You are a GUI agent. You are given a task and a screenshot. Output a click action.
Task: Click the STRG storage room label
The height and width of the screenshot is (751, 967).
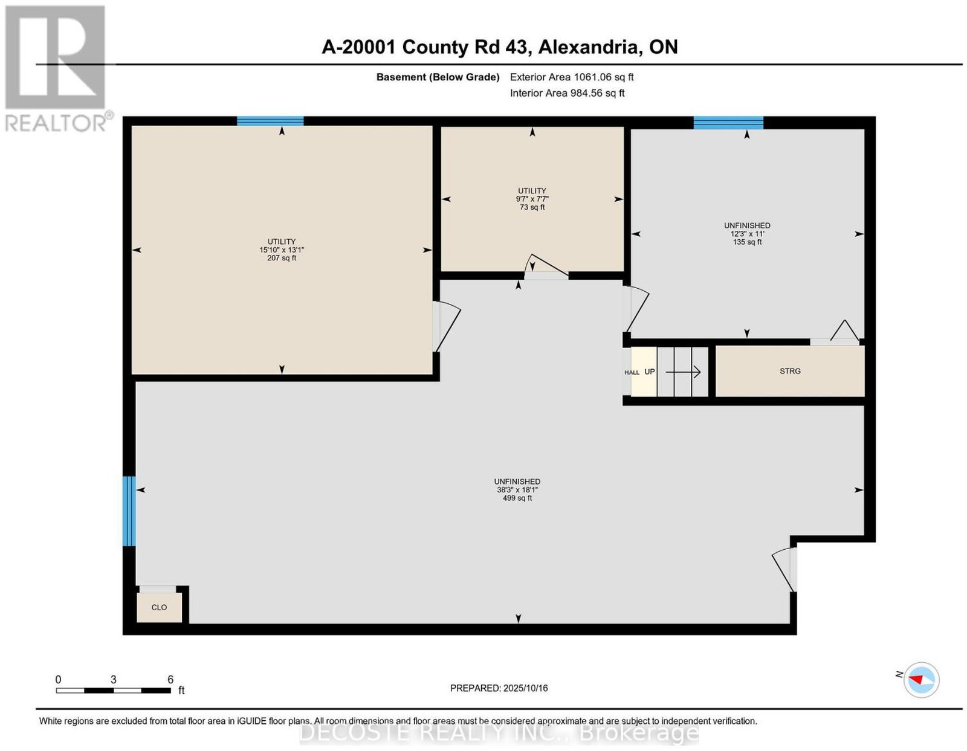tap(790, 371)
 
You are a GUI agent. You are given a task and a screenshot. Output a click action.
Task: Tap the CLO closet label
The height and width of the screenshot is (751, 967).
tap(159, 607)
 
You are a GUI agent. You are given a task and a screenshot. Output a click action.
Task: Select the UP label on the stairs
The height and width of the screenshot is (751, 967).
tap(649, 372)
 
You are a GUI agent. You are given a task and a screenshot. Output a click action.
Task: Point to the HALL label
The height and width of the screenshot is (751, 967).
tap(632, 373)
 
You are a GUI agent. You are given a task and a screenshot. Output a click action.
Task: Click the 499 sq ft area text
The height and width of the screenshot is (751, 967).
tap(517, 498)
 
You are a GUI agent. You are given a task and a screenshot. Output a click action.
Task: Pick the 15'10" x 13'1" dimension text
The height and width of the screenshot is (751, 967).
tap(282, 250)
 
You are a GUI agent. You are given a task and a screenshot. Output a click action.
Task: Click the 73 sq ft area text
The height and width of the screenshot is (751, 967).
tap(532, 207)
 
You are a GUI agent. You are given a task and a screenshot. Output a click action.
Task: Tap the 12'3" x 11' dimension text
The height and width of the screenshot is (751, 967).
tap(747, 234)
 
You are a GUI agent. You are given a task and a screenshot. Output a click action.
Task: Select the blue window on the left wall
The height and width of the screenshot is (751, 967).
tap(129, 511)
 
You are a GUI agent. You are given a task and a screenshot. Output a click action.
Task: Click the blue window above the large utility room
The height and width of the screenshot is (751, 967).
tap(270, 121)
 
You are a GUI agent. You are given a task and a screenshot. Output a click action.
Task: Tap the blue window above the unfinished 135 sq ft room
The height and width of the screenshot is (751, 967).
tap(728, 123)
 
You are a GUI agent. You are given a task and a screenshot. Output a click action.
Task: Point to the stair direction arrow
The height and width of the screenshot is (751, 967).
tap(683, 372)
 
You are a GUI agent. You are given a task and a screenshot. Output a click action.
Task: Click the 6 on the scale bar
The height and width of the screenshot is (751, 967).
tap(170, 679)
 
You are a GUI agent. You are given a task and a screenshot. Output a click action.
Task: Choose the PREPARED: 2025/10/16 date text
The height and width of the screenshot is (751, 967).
tap(499, 688)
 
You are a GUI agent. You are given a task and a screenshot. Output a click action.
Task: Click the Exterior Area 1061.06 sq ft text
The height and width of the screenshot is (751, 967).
tap(572, 77)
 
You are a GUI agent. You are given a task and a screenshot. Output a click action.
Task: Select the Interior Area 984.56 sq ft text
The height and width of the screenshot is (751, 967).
tap(568, 93)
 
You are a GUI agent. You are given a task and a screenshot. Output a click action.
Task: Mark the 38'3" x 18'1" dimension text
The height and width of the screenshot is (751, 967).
tap(517, 489)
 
